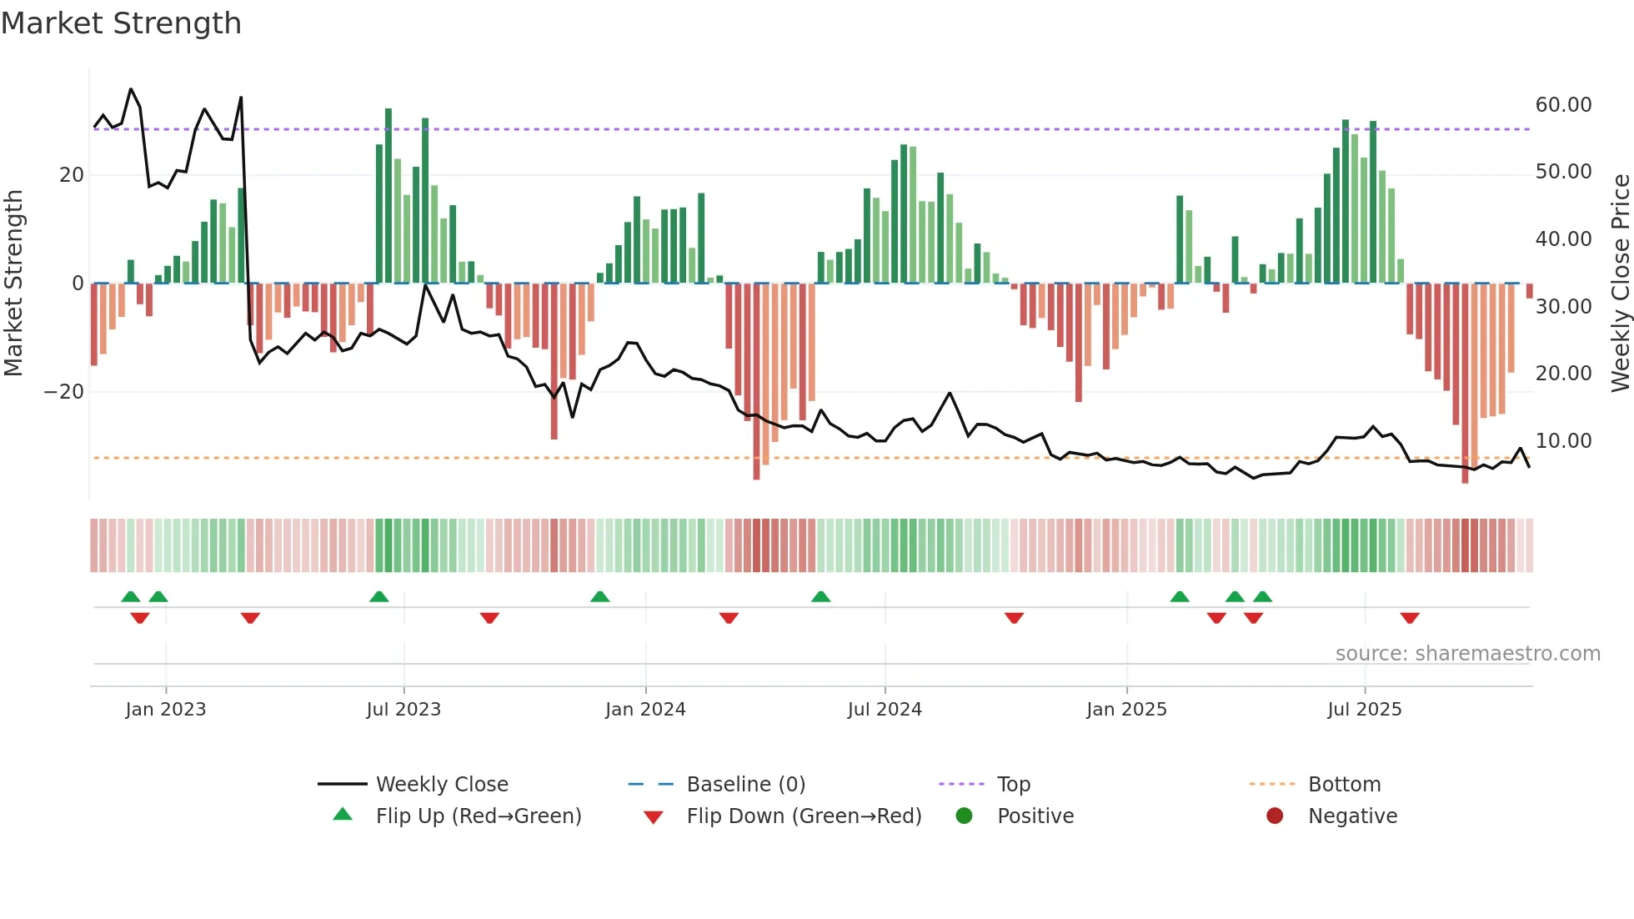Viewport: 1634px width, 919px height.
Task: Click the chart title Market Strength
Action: coord(121,23)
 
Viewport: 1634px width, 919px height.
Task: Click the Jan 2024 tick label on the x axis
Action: coord(645,710)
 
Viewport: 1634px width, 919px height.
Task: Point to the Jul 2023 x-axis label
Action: coord(403,710)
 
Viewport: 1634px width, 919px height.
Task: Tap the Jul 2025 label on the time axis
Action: coord(1365,710)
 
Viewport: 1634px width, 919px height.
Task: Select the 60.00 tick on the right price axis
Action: coord(1563,105)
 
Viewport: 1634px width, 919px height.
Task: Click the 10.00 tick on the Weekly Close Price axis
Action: coord(1563,441)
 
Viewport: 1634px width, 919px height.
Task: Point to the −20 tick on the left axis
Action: coord(63,392)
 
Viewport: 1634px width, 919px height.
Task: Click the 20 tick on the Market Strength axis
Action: coord(72,175)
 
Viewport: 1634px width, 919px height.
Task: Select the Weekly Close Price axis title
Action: coord(1620,284)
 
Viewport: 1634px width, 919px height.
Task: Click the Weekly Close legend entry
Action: coord(441,785)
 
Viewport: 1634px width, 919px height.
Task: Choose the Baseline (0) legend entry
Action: coord(745,785)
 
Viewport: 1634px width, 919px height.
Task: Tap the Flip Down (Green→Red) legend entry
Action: coord(804,816)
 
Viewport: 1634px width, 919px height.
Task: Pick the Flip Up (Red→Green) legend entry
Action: coord(478,816)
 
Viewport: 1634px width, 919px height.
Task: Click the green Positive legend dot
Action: coord(965,816)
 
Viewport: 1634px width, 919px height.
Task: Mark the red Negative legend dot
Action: coord(1275,816)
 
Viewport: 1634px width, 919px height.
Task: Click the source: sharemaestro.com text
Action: coord(1467,654)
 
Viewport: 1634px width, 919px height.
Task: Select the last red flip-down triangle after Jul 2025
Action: coord(1410,618)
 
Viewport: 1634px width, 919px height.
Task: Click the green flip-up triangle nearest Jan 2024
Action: coord(600,596)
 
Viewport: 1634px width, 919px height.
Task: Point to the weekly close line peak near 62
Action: coord(131,89)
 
